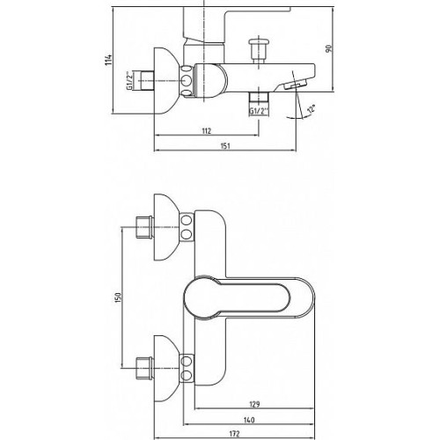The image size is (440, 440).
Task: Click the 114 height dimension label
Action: pos(108,60)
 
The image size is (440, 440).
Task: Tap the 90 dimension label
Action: pos(328,48)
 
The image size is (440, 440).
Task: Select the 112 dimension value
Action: pos(207,131)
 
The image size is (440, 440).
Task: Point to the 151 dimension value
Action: pos(225,146)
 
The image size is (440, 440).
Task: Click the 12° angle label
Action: pos(311,109)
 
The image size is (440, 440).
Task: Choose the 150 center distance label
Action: pos(118,297)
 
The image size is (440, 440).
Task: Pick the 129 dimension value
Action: pos(254,404)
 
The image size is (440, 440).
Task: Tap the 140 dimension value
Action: pos(249,420)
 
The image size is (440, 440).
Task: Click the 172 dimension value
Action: pos(234,434)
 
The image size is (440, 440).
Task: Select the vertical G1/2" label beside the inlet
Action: pos(128,80)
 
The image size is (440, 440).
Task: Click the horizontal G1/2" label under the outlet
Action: pos(260,111)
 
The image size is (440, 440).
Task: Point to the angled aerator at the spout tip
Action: pos(295,84)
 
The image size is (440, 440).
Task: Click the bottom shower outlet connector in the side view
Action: pos(259,97)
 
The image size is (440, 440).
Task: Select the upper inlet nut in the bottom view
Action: pos(144,227)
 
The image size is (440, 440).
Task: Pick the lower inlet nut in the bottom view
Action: pos(144,368)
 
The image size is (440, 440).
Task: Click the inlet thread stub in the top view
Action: pos(143,80)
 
